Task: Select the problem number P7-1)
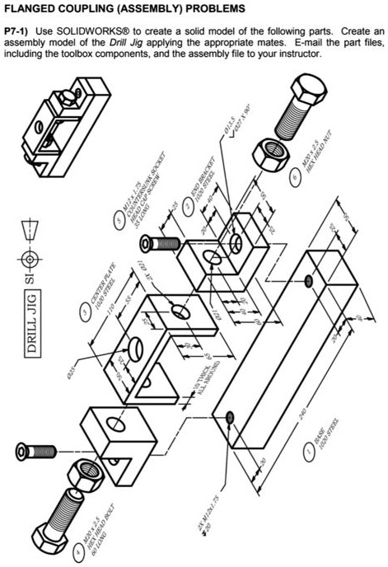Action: click(18, 29)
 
